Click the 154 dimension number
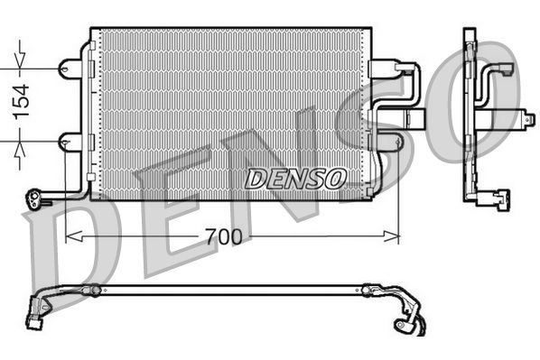coord(20,100)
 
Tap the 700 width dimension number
coord(223,237)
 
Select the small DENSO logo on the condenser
coord(294,179)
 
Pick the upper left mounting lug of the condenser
coord(69,68)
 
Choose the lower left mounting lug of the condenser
coord(69,141)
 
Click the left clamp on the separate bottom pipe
coord(91,290)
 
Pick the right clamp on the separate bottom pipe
coord(367,291)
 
